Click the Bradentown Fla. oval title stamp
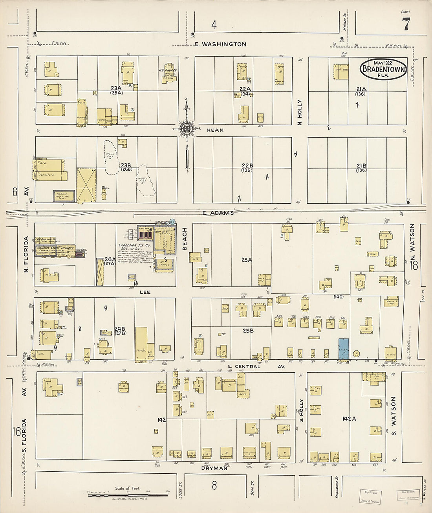click(383, 69)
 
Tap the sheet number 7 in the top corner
click(406, 25)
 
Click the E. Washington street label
click(221, 44)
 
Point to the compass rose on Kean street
click(187, 128)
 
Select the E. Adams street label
click(218, 213)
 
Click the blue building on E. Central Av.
click(344, 348)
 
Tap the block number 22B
click(247, 165)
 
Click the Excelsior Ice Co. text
click(132, 245)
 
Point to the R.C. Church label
click(168, 70)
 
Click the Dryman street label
click(214, 468)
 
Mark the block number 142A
click(349, 419)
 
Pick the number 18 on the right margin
click(414, 266)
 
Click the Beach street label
click(185, 238)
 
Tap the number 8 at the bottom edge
click(214, 485)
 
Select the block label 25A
click(247, 260)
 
